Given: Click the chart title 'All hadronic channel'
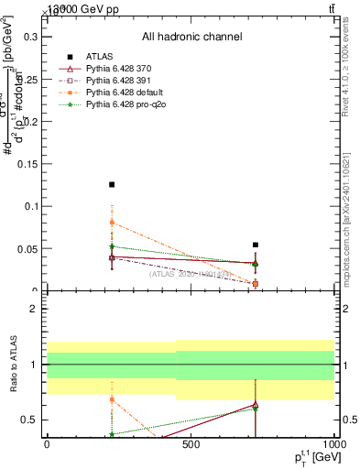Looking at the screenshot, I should (191, 37).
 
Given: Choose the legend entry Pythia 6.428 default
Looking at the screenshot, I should (129, 93).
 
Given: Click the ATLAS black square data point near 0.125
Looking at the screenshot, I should (112, 185).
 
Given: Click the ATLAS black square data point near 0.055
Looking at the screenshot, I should (256, 245).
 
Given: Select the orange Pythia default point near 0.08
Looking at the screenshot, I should (112, 223).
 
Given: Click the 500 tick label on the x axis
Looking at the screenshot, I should (191, 443).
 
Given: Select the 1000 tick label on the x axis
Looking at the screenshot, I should (333, 443).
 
